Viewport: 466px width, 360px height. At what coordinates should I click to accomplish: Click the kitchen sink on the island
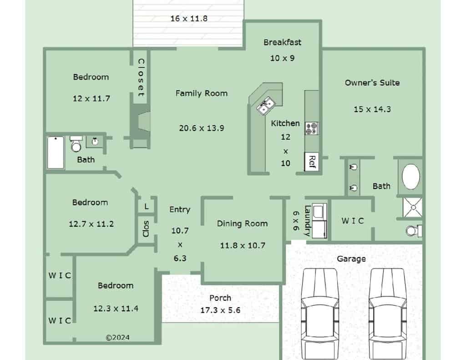point(266,106)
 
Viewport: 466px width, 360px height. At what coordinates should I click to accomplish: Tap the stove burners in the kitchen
point(312,128)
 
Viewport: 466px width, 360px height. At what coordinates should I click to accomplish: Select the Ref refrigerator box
point(312,162)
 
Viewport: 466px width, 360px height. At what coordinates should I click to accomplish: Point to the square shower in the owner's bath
point(412,207)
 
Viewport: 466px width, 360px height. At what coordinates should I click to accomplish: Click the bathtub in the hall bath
point(56,152)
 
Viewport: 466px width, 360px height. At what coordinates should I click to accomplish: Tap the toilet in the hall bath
point(76,143)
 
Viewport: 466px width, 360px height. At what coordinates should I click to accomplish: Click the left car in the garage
point(320,314)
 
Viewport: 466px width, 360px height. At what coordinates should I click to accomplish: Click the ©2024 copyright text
point(118,337)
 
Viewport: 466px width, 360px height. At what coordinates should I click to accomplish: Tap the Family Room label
point(202,93)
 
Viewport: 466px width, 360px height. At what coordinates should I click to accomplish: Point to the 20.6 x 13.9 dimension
point(202,128)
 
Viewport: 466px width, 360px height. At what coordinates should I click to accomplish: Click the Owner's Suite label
point(372,83)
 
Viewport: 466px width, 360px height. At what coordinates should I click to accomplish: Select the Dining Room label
point(242,223)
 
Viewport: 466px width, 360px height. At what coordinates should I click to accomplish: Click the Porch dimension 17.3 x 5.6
point(220,310)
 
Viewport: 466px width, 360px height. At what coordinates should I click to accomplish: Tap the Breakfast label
point(282,42)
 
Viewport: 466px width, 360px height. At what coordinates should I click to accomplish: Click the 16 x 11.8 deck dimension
point(189,18)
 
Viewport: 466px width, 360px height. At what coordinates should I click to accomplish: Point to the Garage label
point(351,259)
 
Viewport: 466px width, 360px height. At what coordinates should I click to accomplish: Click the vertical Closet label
point(141,77)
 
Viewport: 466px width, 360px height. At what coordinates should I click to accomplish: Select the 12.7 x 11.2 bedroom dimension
point(91,224)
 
